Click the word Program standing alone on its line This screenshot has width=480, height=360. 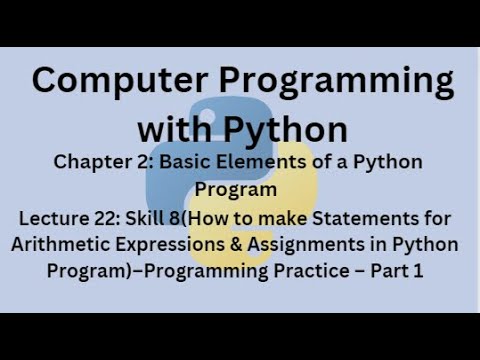241,188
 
